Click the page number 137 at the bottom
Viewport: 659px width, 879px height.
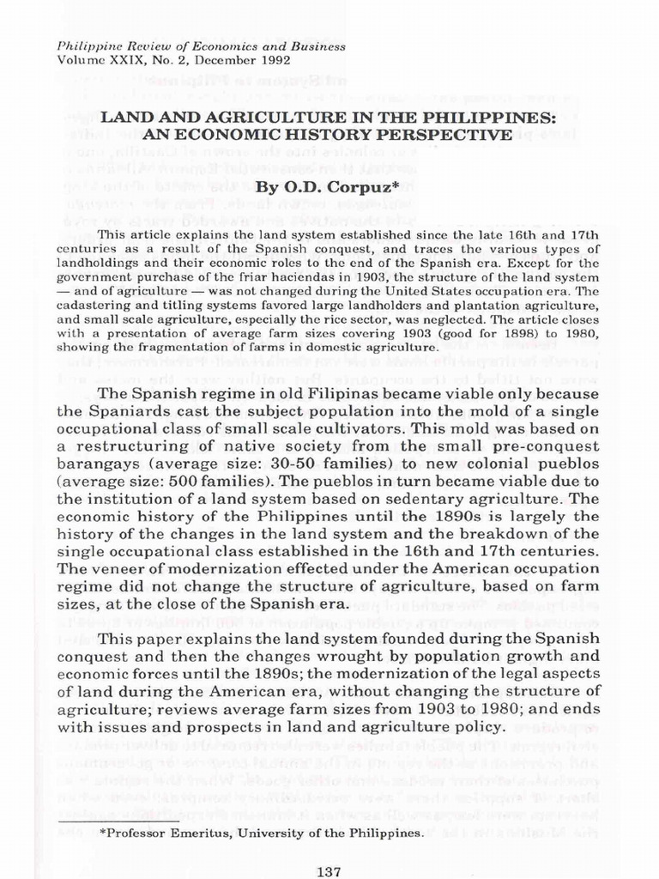[329, 871]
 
